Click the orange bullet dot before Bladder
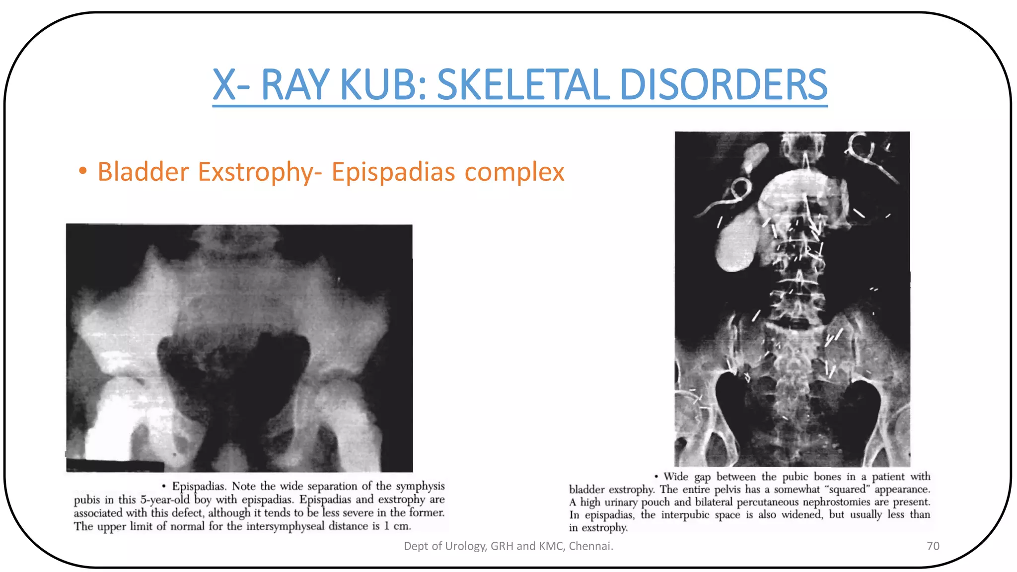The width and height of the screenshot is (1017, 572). [83, 171]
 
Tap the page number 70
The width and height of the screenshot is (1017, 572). [933, 546]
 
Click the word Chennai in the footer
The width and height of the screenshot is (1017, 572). [590, 546]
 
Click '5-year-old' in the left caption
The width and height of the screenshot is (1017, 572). [165, 500]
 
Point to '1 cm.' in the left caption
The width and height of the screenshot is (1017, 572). [397, 526]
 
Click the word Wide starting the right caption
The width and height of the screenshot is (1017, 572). [676, 477]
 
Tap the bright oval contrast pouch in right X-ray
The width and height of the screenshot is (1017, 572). [739, 242]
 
